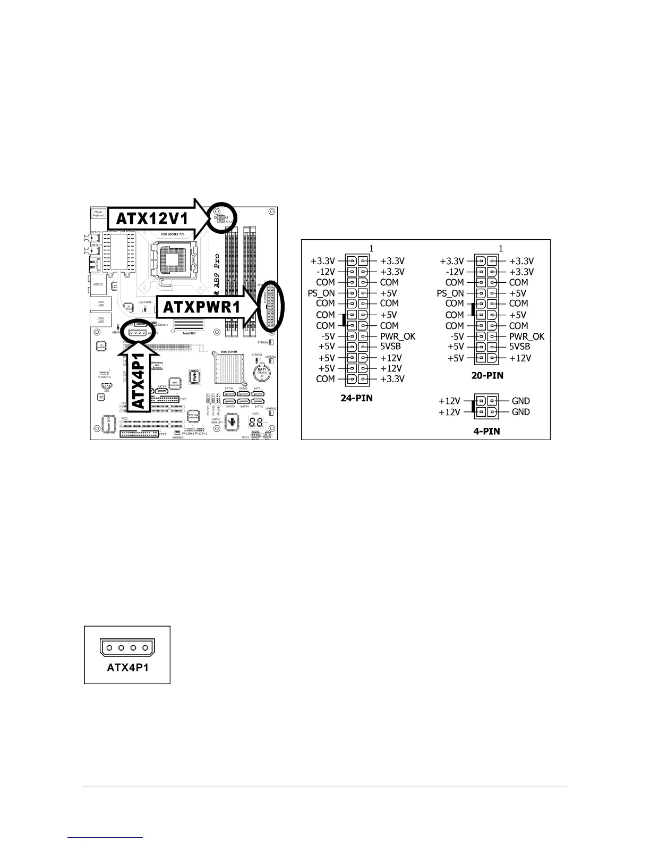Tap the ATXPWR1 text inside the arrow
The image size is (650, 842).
pos(201,308)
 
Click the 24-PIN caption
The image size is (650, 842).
pos(356,397)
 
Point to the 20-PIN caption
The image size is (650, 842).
pos(487,376)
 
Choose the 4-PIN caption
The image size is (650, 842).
pos(486,431)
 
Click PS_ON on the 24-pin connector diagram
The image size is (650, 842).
pos(321,293)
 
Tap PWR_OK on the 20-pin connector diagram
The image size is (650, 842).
pos(527,336)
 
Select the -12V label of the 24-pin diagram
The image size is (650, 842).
pos(324,272)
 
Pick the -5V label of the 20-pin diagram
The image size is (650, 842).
pos(457,336)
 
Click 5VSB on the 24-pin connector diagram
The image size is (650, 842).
pos(390,347)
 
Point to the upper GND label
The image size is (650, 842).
pos(521,401)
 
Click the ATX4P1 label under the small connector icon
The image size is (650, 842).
pos(127,667)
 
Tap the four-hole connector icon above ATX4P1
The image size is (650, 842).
pos(127,648)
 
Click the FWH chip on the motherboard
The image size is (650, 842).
pos(195,377)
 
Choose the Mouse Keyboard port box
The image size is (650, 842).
pos(99,213)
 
